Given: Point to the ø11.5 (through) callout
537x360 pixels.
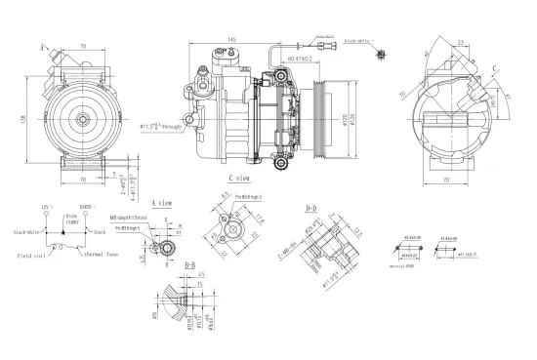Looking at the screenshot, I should (x=158, y=127).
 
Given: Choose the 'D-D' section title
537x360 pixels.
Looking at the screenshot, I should (x=312, y=208).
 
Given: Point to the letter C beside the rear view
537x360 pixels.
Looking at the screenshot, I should (x=496, y=67).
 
